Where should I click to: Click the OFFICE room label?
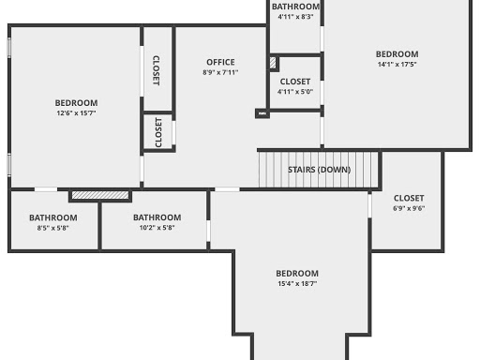point(220,63)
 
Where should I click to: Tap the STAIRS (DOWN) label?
point(321,170)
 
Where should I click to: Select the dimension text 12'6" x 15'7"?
point(76,112)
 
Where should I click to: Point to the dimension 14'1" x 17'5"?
point(397,65)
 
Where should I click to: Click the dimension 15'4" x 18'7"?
point(297,283)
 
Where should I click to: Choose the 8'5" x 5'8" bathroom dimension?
point(52,228)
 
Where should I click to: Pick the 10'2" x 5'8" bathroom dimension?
point(157,228)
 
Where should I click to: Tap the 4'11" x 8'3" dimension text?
point(295,17)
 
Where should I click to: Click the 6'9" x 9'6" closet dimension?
point(409,208)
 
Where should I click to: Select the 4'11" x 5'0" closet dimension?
point(295,92)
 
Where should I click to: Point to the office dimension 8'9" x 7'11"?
point(220,73)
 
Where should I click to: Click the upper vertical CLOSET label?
point(157,70)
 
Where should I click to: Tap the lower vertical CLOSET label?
point(157,132)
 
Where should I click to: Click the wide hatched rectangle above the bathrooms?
point(100,195)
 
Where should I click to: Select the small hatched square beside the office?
point(273,64)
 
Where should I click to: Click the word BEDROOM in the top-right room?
point(397,54)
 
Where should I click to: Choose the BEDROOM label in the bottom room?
point(297,273)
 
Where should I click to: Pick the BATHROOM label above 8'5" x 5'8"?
point(52,217)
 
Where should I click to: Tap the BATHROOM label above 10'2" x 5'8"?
point(157,217)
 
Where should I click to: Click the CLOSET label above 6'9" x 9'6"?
point(409,198)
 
